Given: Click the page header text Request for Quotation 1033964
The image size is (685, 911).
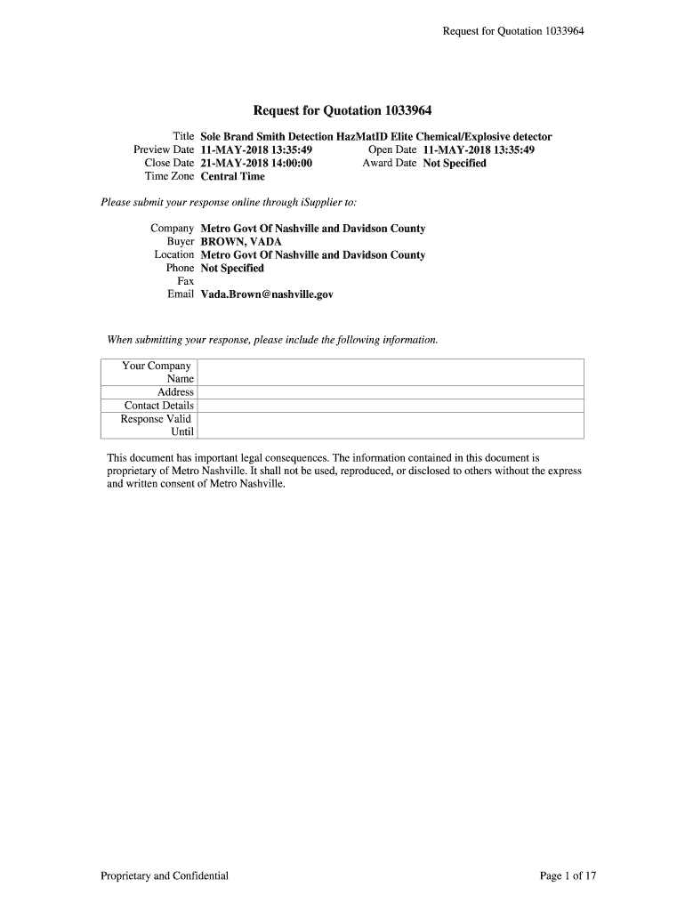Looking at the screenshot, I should (513, 32).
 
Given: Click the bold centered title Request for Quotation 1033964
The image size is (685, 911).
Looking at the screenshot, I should (342, 111).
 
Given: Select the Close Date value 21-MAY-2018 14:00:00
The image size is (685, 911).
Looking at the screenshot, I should (256, 164).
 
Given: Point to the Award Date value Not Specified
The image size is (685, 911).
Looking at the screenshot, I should (455, 164).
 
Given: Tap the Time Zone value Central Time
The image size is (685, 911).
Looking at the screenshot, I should (232, 176).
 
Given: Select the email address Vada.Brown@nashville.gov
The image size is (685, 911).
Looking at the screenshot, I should (267, 294).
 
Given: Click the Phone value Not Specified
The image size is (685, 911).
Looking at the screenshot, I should (232, 268).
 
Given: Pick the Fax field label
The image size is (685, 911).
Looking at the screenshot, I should (185, 281).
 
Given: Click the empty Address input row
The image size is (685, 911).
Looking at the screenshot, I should (390, 392).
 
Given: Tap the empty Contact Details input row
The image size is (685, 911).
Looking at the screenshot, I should (390, 406).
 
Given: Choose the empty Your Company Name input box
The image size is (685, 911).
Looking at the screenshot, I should (390, 372).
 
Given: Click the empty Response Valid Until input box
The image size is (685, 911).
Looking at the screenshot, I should (390, 425).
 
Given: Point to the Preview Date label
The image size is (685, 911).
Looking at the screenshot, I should (164, 150).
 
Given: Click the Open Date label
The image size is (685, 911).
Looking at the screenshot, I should (391, 150).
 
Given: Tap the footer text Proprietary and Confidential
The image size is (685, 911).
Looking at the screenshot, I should (165, 876).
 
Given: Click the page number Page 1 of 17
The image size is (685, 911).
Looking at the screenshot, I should (568, 876).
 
